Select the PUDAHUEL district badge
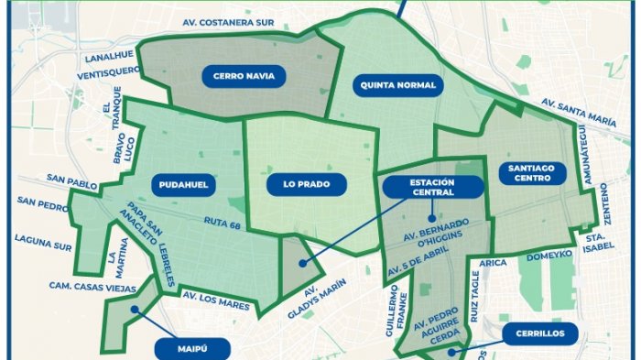click(182, 184)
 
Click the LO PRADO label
click(300, 184)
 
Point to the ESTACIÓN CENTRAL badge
click(433, 187)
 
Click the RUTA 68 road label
click(224, 220)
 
